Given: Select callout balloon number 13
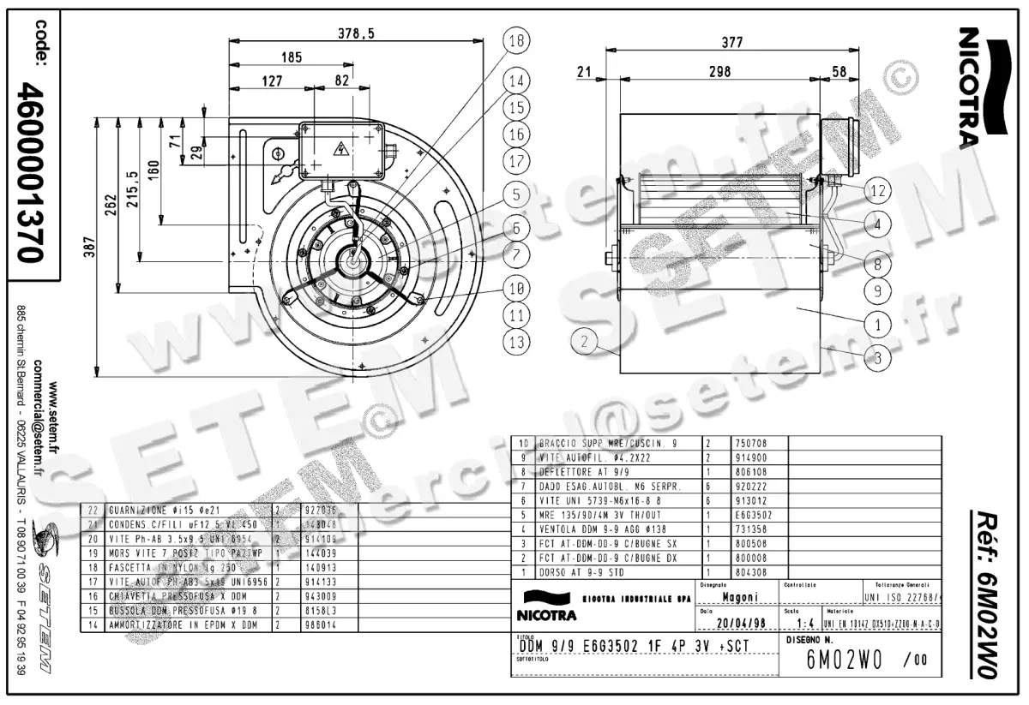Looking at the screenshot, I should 515,343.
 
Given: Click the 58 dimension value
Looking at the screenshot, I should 839,73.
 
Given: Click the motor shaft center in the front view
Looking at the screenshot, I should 354,259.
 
